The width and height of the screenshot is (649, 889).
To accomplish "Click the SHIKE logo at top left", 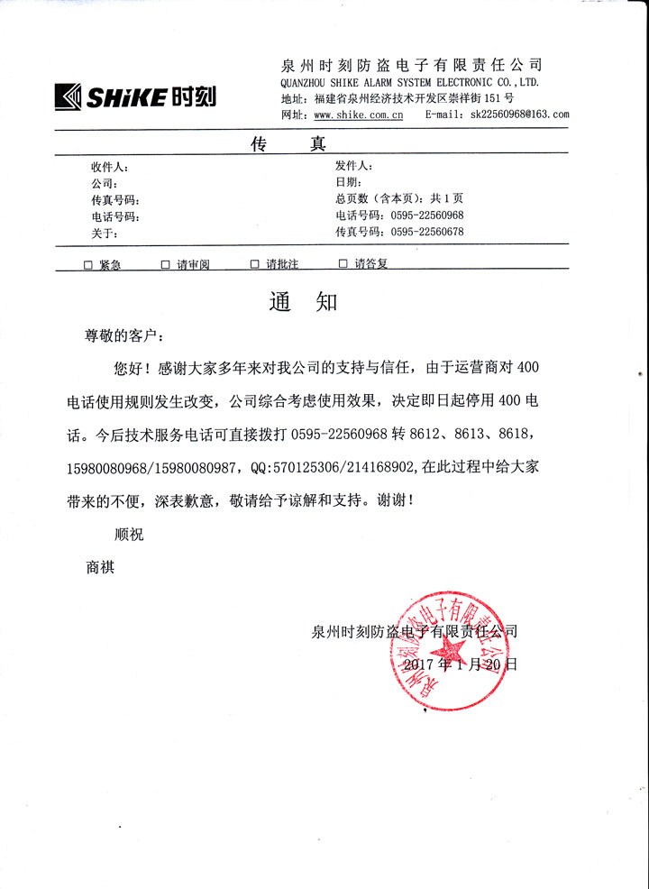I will tap(135, 96).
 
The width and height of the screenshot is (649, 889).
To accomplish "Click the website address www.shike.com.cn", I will tap(358, 115).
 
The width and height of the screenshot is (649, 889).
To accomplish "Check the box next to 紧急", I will tap(88, 265).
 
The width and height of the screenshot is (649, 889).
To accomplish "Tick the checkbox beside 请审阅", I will tap(166, 265).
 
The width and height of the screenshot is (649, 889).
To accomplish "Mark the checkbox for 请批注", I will tap(254, 265).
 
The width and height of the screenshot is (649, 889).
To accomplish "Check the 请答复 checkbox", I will tap(343, 265).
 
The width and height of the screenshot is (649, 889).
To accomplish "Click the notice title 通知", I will tap(303, 302).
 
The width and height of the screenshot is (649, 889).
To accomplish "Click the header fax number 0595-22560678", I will tap(426, 233).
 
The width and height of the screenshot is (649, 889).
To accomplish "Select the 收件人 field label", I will tap(110, 168).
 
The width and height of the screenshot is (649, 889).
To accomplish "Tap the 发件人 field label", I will tap(353, 166).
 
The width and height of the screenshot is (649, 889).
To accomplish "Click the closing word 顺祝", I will tap(129, 534).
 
